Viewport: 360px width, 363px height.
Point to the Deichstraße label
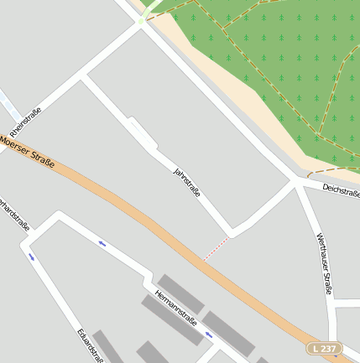340,190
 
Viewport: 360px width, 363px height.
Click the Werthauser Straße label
325,264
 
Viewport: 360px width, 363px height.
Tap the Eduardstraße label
90,345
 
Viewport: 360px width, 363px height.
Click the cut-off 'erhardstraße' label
14,215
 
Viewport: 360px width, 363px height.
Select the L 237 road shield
324,348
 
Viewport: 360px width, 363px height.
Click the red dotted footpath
216,248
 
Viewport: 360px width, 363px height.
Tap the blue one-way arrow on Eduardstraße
32,257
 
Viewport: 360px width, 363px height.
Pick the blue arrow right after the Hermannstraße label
210,334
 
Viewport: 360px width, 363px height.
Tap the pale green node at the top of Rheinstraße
143,19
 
